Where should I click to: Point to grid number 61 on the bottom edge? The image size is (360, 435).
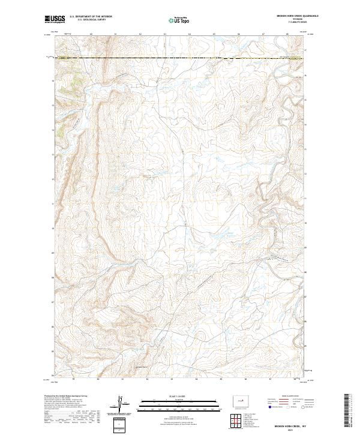click(122, 380)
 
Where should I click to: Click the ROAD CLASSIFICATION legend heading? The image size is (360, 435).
click(291, 396)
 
